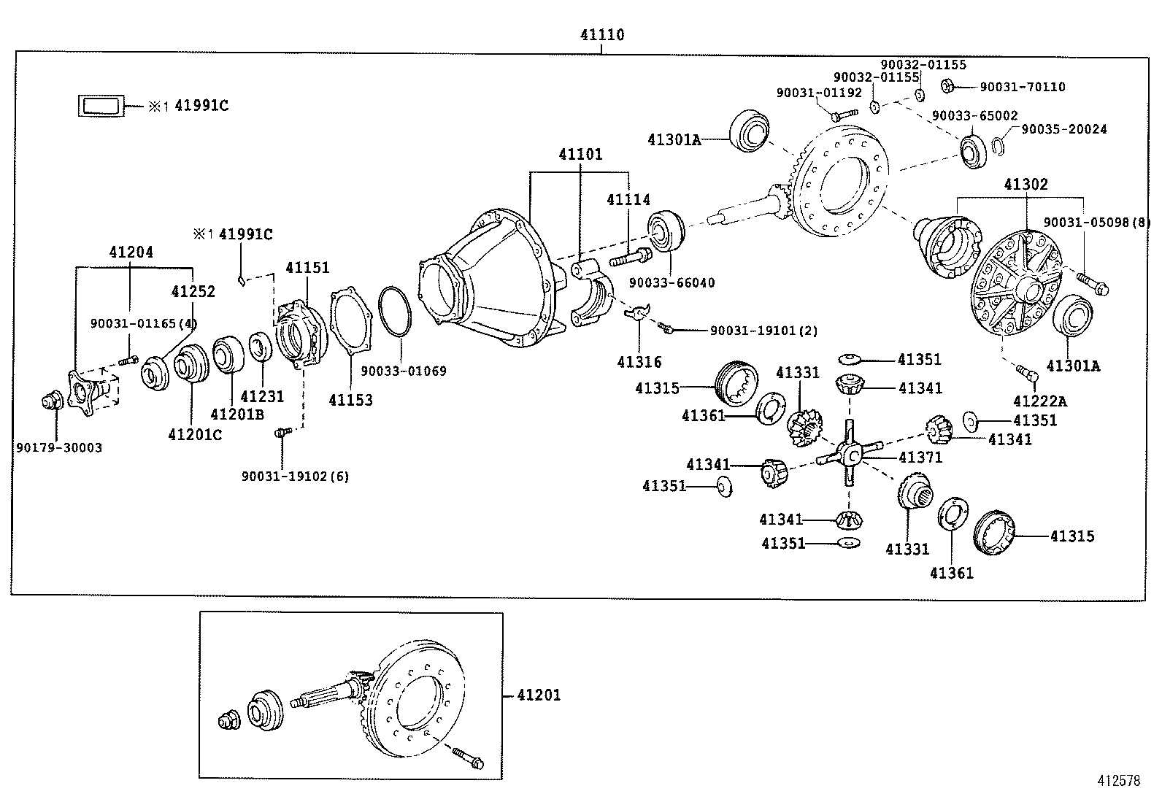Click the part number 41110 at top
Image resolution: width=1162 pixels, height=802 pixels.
pyautogui.click(x=602, y=34)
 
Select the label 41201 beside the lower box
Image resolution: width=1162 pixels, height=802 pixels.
pyautogui.click(x=539, y=695)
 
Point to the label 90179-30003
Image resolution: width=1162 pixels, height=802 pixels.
pyautogui.click(x=59, y=447)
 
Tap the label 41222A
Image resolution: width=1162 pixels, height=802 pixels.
pyautogui.click(x=1039, y=401)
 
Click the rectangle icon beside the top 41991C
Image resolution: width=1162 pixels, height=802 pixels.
pyautogui.click(x=101, y=105)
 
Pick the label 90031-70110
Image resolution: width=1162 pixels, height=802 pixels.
pyautogui.click(x=1022, y=87)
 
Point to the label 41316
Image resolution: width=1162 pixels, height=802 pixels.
pyautogui.click(x=639, y=362)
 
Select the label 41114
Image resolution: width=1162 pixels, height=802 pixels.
pyautogui.click(x=628, y=199)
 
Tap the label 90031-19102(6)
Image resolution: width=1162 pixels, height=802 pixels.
pyautogui.click(x=295, y=476)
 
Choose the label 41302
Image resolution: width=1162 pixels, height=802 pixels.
pyautogui.click(x=1026, y=185)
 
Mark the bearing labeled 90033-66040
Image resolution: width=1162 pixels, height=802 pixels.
pyautogui.click(x=664, y=230)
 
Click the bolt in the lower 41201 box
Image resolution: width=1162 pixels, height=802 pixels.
pyautogui.click(x=468, y=757)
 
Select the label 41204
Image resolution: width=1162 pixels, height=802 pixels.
pyautogui.click(x=131, y=252)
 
